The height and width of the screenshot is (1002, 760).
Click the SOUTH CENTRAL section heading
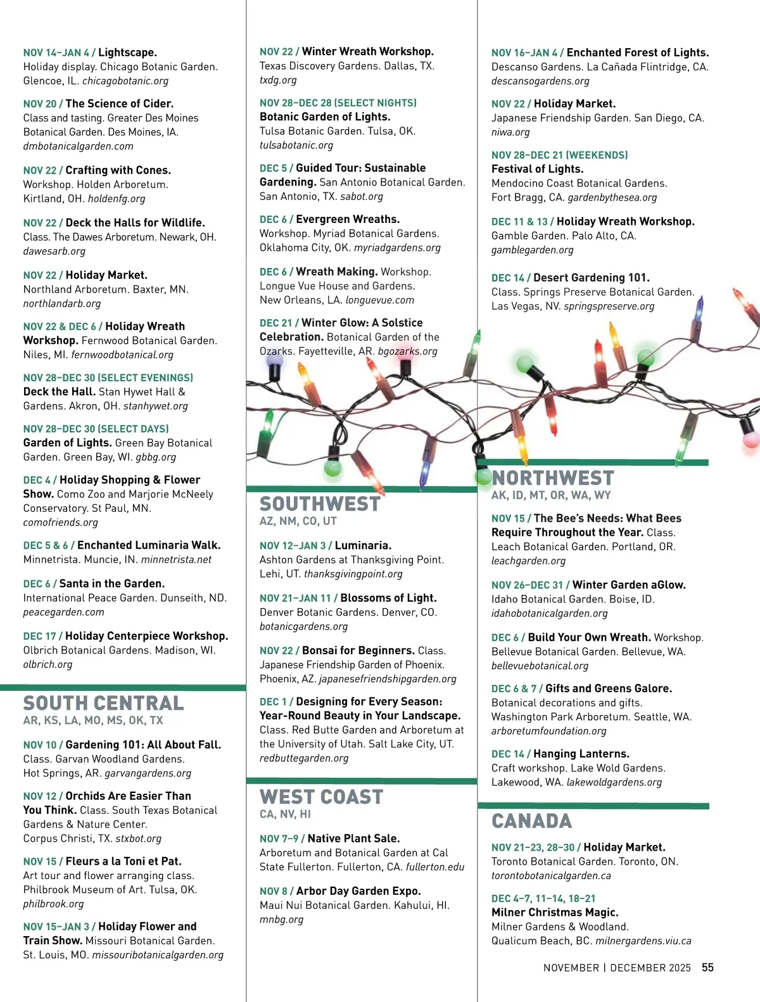click(103, 703)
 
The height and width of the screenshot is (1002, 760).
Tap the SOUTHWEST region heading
click(320, 504)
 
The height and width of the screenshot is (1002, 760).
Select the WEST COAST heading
click(321, 797)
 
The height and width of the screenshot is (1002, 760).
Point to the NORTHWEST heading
click(553, 478)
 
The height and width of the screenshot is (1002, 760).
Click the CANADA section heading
click(531, 821)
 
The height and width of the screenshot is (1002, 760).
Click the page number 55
click(707, 967)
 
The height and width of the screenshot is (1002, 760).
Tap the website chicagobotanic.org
click(125, 81)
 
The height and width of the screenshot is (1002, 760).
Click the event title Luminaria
click(363, 545)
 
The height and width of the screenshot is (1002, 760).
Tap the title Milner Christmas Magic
click(555, 912)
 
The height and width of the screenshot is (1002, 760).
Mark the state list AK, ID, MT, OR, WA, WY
click(551, 495)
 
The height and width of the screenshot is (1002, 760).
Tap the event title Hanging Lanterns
click(581, 754)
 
